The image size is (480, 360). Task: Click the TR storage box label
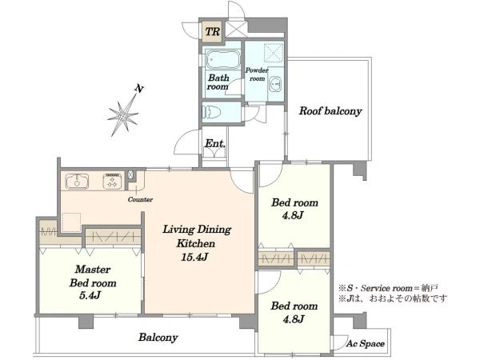[x=213, y=31]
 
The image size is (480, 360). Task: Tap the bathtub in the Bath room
[x=222, y=59]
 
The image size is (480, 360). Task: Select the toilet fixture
[x=210, y=112]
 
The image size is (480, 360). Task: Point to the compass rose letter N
[x=139, y=89]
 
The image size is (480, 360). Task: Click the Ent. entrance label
[x=215, y=143]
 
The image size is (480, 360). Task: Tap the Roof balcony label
[x=330, y=111]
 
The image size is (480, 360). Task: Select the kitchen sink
[x=78, y=181]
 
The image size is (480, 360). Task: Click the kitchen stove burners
[x=112, y=181]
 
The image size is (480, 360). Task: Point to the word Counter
[x=140, y=199]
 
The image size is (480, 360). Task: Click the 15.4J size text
[x=194, y=257]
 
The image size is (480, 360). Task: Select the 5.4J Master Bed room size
[x=90, y=295]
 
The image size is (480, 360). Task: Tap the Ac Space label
[x=366, y=343]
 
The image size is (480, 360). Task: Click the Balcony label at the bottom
[x=158, y=338]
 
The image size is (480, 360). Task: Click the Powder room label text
[x=257, y=74]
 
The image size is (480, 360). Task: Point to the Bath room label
[x=218, y=82]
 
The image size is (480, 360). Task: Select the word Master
[x=93, y=270]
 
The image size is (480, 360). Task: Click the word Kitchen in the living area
[x=196, y=244]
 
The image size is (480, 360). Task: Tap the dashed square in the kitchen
[x=71, y=222]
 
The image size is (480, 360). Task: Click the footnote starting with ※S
[x=389, y=288]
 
